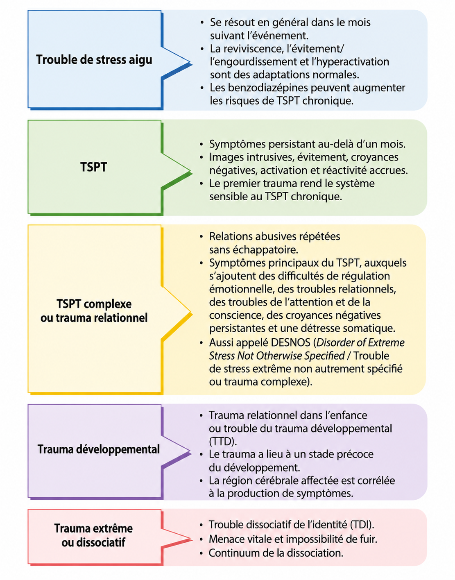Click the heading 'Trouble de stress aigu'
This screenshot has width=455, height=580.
click(x=94, y=60)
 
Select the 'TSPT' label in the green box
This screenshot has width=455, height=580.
click(x=94, y=167)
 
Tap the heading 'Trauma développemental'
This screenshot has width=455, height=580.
click(x=98, y=449)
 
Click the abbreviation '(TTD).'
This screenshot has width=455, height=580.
click(x=223, y=442)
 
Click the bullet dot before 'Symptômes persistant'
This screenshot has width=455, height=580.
click(x=201, y=145)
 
